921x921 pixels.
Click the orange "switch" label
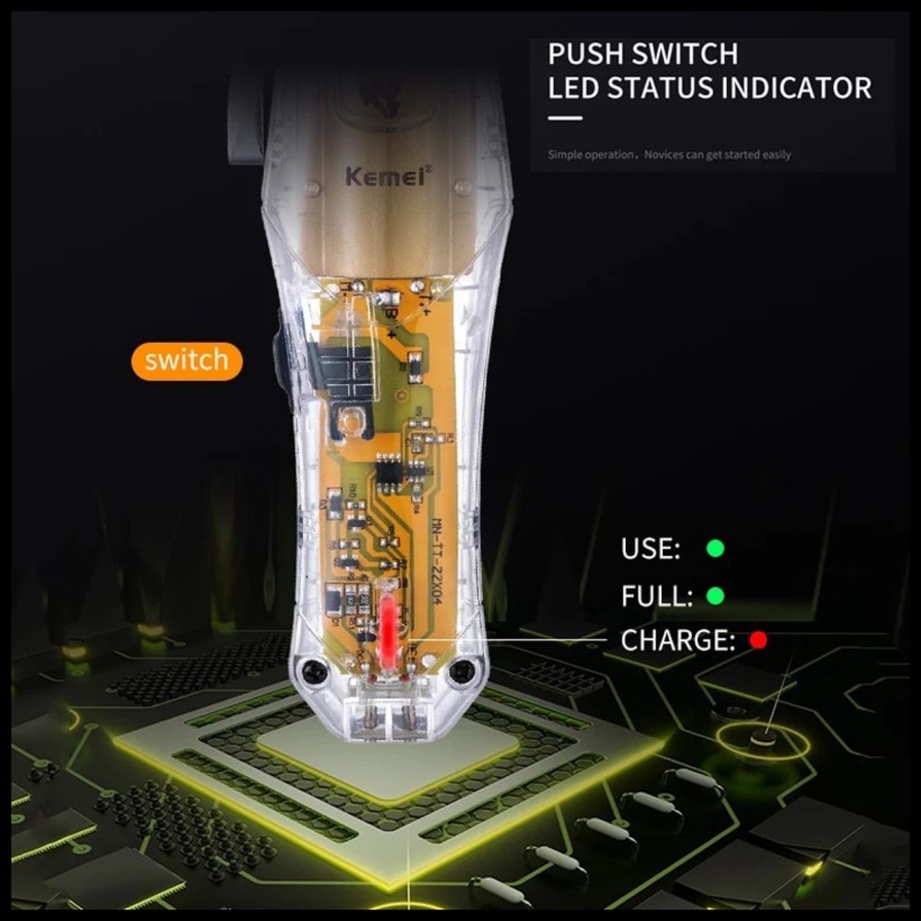pyautogui.click(x=186, y=362)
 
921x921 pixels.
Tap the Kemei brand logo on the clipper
pyautogui.click(x=389, y=174)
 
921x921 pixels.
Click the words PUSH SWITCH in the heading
pyautogui.click(x=642, y=54)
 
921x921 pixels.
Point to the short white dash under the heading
pyautogui.click(x=565, y=118)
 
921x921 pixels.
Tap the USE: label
pyautogui.click(x=650, y=548)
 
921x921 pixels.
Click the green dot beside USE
pyautogui.click(x=715, y=548)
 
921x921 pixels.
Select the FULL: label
pyautogui.click(x=657, y=595)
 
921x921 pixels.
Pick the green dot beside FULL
pyautogui.click(x=715, y=595)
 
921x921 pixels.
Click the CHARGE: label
pyautogui.click(x=677, y=641)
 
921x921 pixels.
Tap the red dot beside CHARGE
pyautogui.click(x=758, y=640)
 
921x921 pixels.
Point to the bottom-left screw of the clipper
pyautogui.click(x=313, y=670)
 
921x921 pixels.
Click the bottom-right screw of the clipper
pyautogui.click(x=462, y=670)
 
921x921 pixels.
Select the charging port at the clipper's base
pyautogui.click(x=388, y=718)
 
